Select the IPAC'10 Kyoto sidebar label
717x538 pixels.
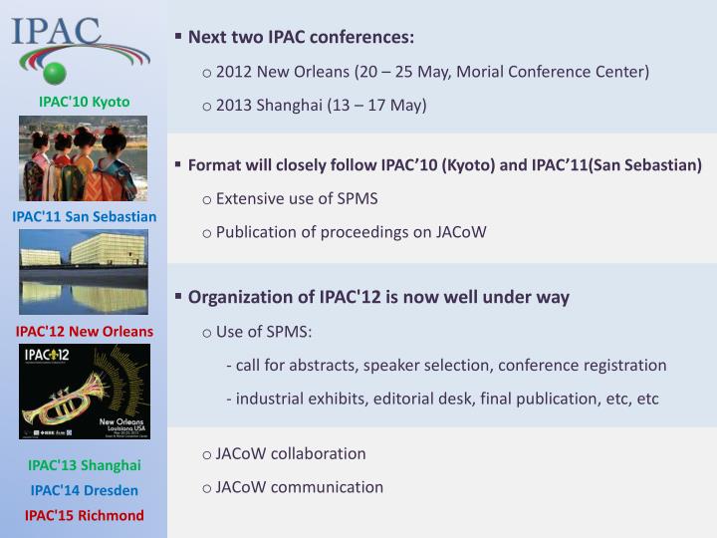(x=84, y=102)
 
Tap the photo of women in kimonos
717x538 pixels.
(x=84, y=157)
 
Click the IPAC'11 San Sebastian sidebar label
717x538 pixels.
(x=84, y=216)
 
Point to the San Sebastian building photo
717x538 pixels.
(x=84, y=271)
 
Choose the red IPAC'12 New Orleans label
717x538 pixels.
(x=84, y=331)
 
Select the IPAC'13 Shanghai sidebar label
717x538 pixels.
(x=84, y=465)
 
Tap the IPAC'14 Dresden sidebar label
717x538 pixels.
(x=84, y=490)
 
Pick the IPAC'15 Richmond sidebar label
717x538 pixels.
(x=84, y=515)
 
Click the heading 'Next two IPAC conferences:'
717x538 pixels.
(x=301, y=38)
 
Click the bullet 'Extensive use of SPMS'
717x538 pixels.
(x=296, y=198)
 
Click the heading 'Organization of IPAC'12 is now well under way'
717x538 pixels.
(x=378, y=297)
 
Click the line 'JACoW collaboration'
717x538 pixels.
(x=290, y=453)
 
